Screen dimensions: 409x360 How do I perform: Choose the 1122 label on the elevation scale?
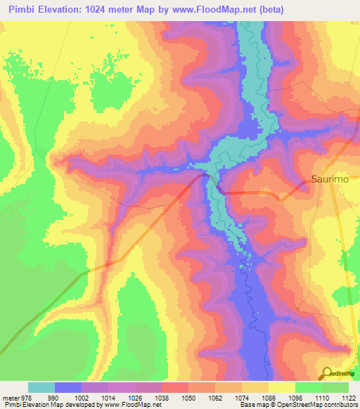click(x=349, y=397)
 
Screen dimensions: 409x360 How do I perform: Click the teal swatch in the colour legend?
click(x=41, y=387)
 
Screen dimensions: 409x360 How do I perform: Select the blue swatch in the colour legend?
click(x=68, y=387)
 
